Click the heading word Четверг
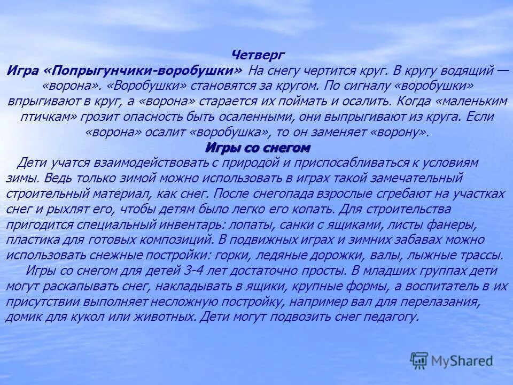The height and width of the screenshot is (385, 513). (x=258, y=55)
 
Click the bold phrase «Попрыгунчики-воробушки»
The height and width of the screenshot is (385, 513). (x=144, y=71)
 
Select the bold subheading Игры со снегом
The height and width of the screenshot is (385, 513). (x=258, y=147)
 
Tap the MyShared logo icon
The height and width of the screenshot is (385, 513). (x=419, y=360)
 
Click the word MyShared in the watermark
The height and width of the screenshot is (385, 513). (x=462, y=361)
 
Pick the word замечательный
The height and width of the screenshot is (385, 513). (x=409, y=178)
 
